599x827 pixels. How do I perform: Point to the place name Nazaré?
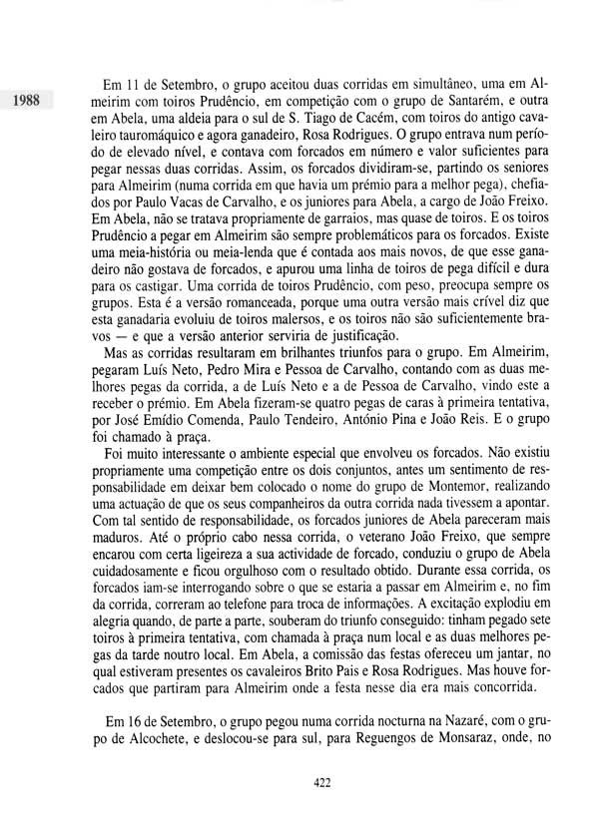(428, 748)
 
